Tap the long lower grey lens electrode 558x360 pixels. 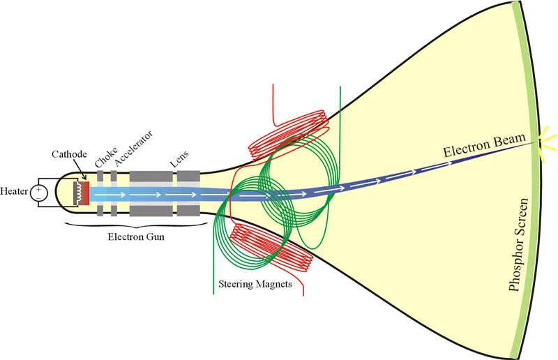pyautogui.click(x=149, y=211)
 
